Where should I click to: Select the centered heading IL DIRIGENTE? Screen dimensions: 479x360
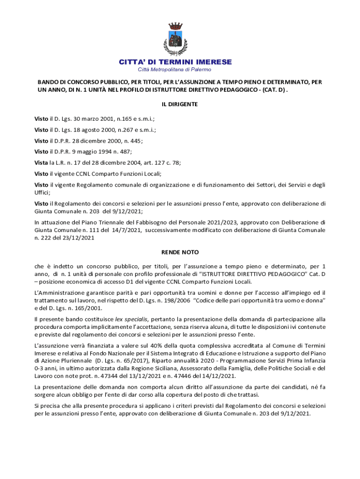tap(180, 104)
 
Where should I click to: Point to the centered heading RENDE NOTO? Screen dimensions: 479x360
tap(180, 252)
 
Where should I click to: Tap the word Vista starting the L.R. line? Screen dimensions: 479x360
tap(41, 163)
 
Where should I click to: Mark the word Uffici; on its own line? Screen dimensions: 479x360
tap(43, 192)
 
